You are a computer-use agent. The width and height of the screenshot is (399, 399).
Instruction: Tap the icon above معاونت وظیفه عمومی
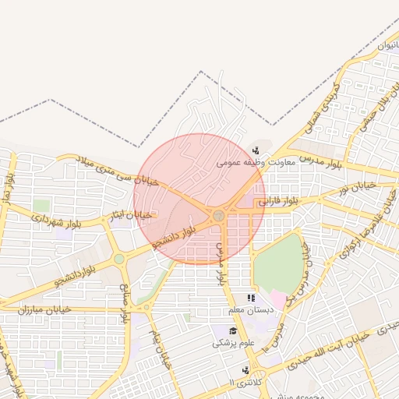pos(256,151)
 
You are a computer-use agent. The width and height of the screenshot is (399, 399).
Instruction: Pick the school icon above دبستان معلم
pos(250,298)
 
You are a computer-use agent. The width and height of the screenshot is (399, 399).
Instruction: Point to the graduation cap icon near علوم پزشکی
pos(232,331)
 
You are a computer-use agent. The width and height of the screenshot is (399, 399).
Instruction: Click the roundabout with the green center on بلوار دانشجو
pos(119,259)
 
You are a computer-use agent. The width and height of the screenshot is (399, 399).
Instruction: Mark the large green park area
pos(278,264)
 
